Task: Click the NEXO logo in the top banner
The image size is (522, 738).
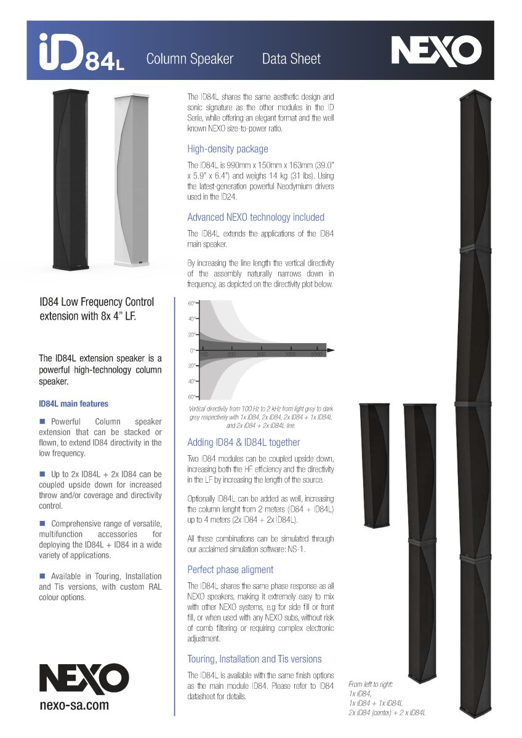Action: click(436, 50)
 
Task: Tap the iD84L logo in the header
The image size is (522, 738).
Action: click(81, 53)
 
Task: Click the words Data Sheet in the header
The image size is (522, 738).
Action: click(291, 59)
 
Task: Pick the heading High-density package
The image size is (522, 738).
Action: click(227, 149)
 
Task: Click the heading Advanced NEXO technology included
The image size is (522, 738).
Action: click(255, 217)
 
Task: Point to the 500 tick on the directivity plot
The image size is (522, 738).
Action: click(261, 355)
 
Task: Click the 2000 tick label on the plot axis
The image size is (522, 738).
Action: click(317, 355)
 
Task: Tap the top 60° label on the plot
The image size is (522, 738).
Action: click(191, 304)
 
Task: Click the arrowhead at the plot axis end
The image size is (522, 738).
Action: click(331, 350)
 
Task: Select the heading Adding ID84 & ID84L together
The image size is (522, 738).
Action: click(243, 442)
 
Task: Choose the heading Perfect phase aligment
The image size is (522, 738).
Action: click(230, 569)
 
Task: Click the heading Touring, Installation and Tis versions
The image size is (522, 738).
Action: click(254, 659)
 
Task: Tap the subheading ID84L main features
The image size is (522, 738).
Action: click(73, 404)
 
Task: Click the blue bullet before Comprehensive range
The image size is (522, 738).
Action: click(42, 523)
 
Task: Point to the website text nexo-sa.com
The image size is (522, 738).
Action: click(73, 705)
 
